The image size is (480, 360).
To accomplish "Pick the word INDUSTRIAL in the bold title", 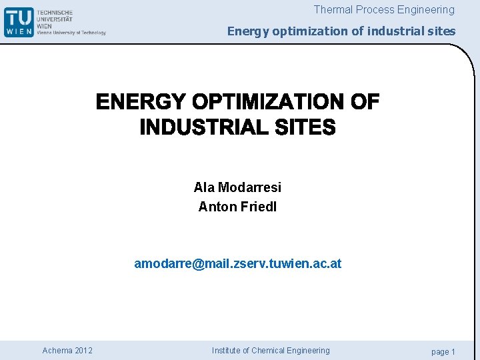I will (x=205, y=127).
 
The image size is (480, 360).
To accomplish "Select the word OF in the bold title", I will (x=365, y=102).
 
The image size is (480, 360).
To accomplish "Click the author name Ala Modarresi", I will (x=237, y=187).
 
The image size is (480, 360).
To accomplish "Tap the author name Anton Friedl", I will (x=237, y=207).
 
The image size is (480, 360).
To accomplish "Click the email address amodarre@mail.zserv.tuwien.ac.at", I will (x=237, y=263).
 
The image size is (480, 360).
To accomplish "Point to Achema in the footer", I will (x=57, y=351).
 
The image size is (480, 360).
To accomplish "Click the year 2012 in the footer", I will (x=84, y=351).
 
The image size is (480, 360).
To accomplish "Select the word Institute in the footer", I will (x=229, y=351).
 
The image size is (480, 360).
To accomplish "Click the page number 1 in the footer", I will (x=453, y=351).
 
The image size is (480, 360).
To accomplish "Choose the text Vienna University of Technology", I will (x=71, y=32).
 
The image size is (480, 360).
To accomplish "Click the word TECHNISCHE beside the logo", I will (x=55, y=13).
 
